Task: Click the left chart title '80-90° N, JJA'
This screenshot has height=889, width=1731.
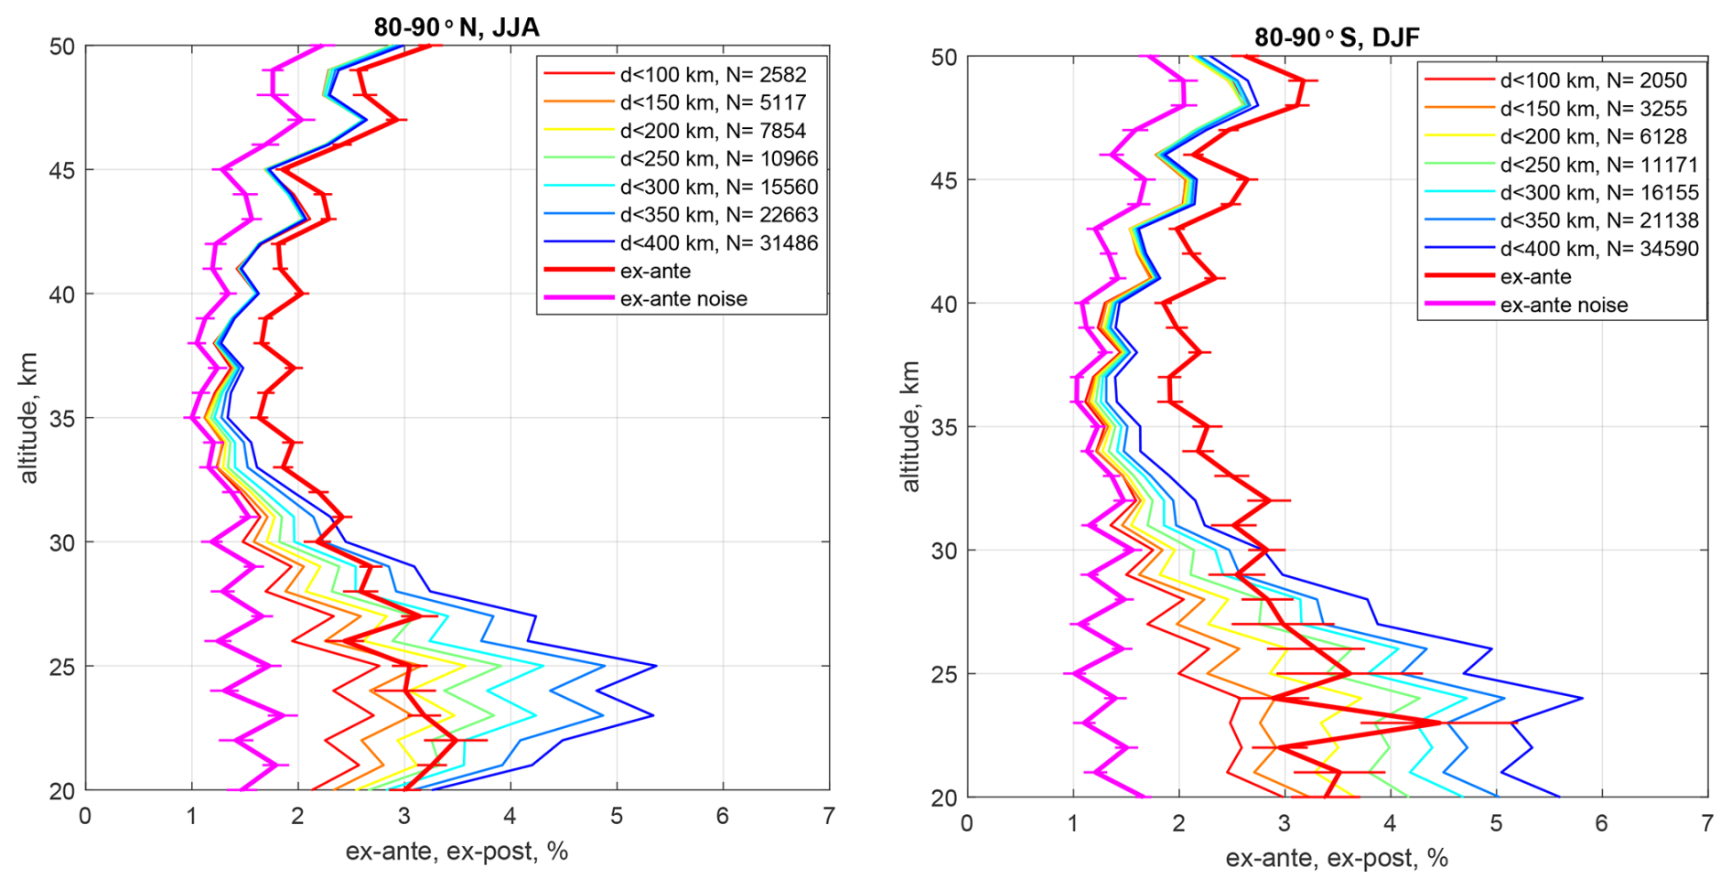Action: coord(457,27)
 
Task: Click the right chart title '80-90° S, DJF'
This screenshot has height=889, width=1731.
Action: coord(1337,37)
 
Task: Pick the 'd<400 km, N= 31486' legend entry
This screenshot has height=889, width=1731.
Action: coord(718,243)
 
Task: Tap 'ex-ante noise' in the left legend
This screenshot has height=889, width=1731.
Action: coord(683,299)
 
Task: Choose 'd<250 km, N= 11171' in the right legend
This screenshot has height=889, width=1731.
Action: coord(1598,165)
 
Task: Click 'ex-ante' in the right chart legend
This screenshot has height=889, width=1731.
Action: coord(1535,276)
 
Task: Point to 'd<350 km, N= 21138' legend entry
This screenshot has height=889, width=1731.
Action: coord(1598,220)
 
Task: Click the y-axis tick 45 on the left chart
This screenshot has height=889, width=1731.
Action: coord(62,170)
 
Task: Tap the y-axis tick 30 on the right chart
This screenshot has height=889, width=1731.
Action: coord(943,551)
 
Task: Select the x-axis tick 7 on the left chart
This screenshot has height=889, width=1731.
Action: coord(829,815)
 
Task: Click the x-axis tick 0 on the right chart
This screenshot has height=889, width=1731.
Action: coord(967,822)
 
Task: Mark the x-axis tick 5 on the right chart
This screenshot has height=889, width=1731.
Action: coord(1496,822)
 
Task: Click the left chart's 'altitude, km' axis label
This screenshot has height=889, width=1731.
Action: coord(28,417)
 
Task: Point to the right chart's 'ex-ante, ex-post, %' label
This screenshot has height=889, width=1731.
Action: coord(1337,858)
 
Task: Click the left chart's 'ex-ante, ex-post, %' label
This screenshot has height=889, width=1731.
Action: coord(457,852)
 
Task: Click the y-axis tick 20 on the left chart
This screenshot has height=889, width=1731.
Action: coord(62,790)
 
